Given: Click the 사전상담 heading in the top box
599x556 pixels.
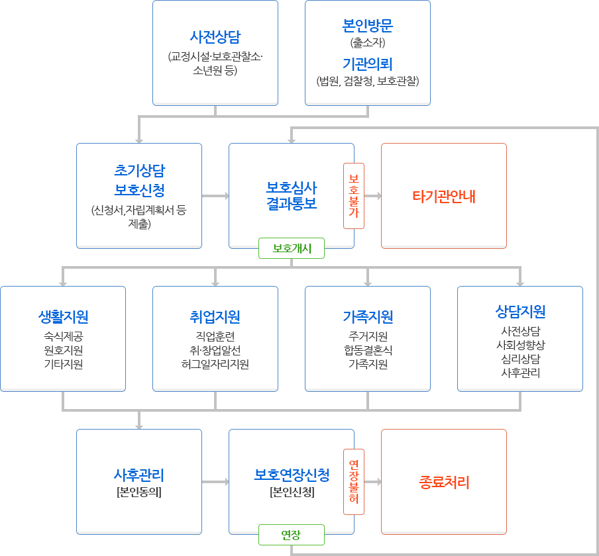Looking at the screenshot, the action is pos(215,36).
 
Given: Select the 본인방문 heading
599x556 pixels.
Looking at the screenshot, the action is pos(368,25).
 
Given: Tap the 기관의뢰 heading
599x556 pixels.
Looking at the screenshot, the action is pos(368,64).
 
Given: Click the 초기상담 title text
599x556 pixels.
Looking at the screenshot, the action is pos(139,170).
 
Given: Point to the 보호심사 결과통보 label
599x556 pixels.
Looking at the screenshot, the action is pos(292,195).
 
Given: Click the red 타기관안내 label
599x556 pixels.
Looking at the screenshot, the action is pos(443,197).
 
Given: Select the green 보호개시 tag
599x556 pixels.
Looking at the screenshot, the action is pos(292,248).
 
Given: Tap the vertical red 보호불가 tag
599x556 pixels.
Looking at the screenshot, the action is pos(354,196).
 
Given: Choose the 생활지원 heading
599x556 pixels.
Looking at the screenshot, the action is pos(63,316).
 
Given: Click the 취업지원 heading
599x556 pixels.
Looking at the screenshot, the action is pos(215,316).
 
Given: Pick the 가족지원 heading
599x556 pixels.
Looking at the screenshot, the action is pos(368,316).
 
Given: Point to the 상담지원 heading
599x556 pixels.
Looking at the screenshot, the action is pos(520,311).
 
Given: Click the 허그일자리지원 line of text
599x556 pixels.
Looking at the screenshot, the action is pos(215,364).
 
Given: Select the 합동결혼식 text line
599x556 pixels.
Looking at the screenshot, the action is pos(368,350).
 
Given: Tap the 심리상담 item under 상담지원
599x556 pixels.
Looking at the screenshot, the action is pos(520,359).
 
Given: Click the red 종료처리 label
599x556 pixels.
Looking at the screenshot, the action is pos(443,483).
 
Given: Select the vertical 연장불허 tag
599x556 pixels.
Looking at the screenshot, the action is pos(354,482).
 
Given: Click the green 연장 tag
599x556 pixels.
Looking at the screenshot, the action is pos(292,535).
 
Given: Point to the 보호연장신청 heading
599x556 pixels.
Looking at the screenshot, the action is pos(292,475).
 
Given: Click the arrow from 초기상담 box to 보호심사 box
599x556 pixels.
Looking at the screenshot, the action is pos(215,196).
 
